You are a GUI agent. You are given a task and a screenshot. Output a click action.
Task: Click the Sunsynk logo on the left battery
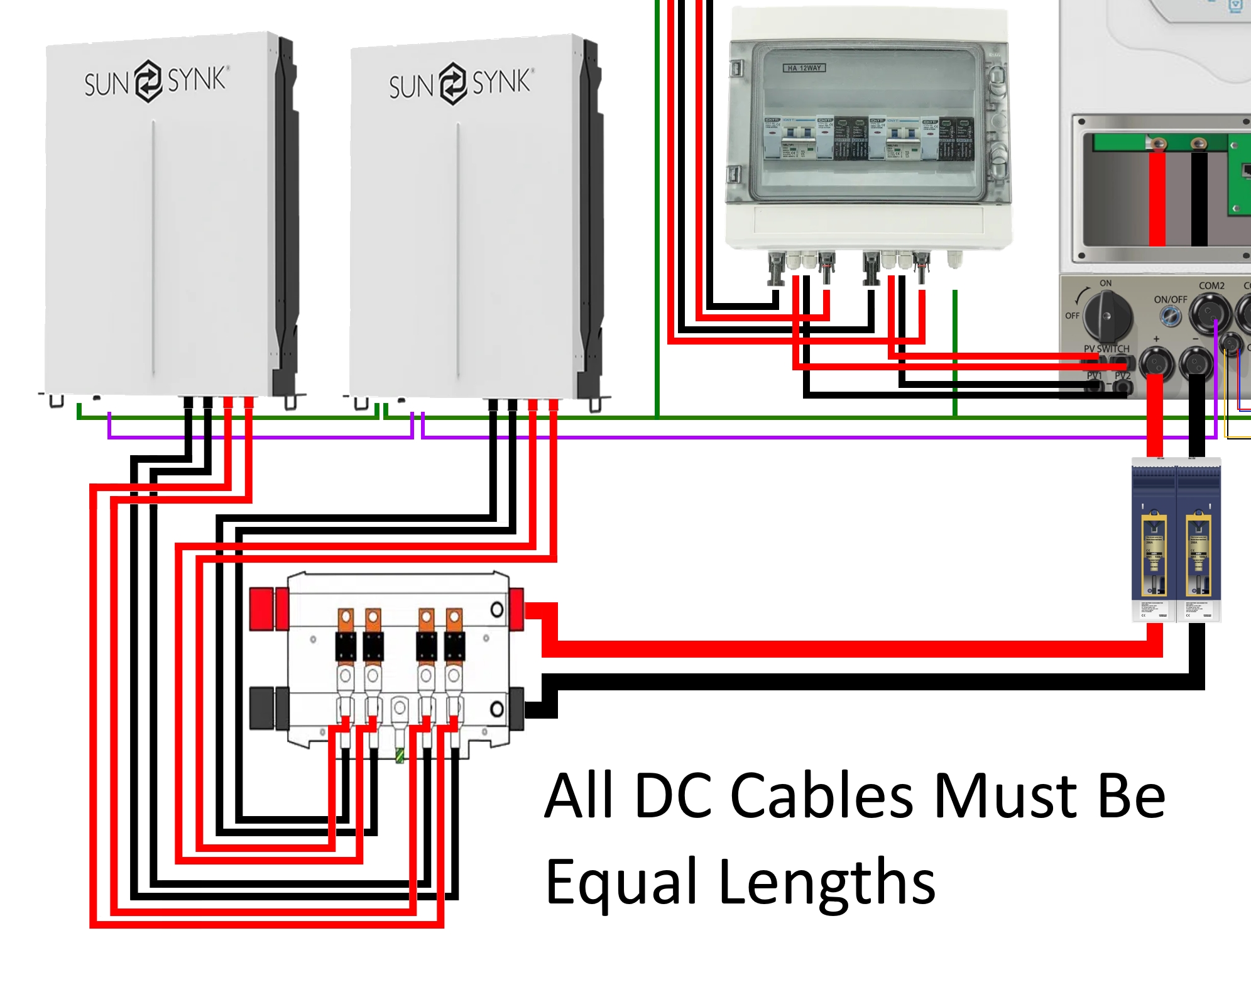155,81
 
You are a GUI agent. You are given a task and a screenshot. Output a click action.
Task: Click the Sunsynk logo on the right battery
460,84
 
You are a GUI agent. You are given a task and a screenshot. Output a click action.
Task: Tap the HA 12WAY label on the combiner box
804,68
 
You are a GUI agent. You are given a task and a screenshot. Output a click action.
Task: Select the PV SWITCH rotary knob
1106,315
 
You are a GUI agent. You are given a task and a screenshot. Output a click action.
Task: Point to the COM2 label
1211,285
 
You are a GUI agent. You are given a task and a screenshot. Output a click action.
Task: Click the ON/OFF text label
1171,299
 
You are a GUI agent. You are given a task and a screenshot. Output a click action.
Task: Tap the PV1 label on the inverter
1094,375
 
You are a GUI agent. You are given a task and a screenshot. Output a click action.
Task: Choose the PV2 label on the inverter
1122,375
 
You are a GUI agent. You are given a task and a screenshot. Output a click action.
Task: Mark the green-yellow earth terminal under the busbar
400,754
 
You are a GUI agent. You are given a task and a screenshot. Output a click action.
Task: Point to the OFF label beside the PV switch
1072,316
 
